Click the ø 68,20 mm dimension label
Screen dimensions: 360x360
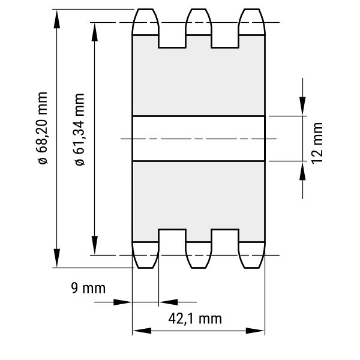pos(43,128)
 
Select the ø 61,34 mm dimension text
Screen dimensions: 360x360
pos(80,129)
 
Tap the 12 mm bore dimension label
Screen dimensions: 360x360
pos(317,143)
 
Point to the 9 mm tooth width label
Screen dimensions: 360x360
pos(88,288)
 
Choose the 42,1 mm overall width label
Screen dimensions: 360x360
pos(195,319)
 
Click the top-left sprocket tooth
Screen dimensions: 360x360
pos(145,22)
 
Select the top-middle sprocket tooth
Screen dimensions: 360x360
pos(199,22)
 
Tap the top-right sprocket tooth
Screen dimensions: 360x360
pos(252,22)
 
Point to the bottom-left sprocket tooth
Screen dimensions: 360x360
pos(145,255)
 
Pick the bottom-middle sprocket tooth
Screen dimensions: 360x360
pos(199,255)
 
